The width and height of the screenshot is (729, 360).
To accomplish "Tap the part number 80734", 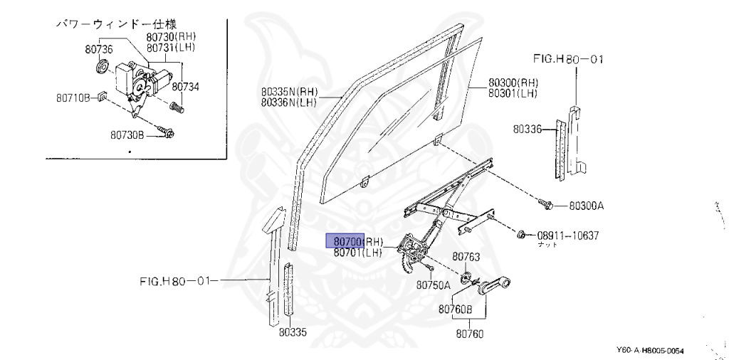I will click(x=185, y=86).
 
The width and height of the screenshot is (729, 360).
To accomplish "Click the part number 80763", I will click(x=466, y=256).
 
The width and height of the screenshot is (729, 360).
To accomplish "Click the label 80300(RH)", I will click(x=513, y=82).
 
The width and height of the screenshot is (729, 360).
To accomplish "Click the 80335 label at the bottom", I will click(x=293, y=332).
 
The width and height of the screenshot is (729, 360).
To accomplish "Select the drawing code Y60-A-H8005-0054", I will click(x=654, y=351).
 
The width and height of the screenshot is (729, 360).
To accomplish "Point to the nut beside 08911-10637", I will click(x=522, y=234).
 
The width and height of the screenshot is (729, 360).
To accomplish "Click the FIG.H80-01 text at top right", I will click(x=567, y=59).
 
